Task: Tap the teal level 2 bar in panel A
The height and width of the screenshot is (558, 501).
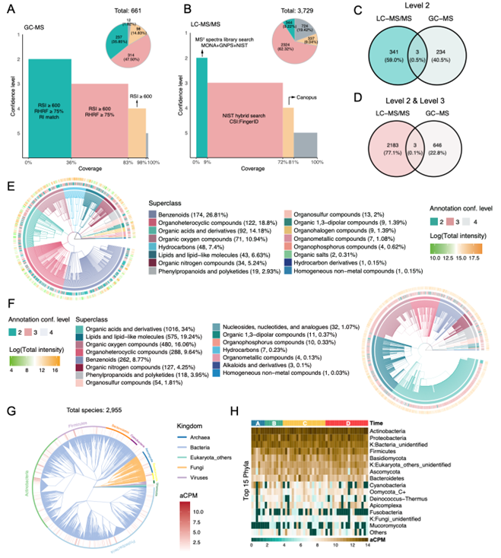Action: click(x=49, y=106)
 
